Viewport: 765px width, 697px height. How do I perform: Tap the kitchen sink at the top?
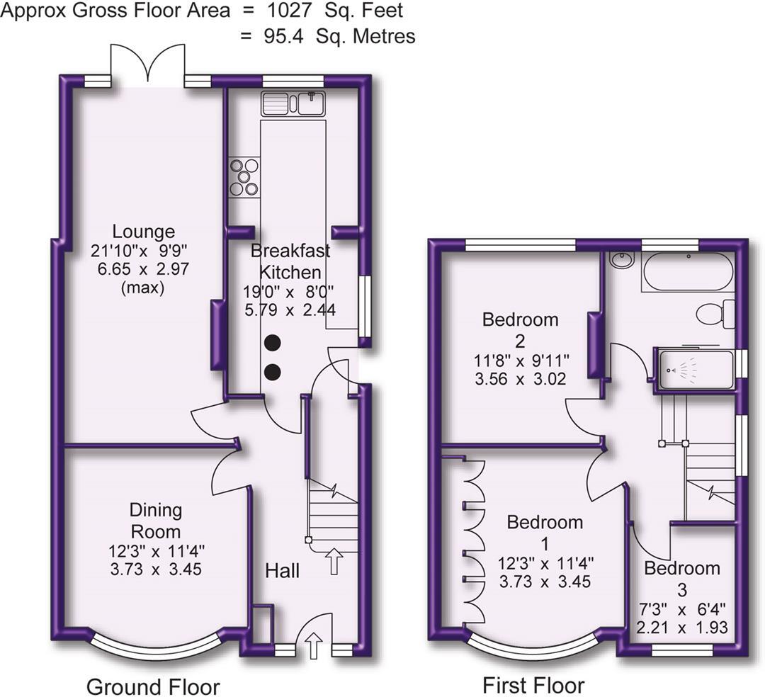(x=293, y=103)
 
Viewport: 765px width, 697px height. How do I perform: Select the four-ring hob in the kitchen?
(x=244, y=177)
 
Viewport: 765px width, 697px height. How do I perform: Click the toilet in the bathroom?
(x=714, y=313)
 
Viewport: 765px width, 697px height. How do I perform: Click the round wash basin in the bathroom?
(x=622, y=261)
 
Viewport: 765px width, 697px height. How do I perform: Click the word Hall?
(x=283, y=570)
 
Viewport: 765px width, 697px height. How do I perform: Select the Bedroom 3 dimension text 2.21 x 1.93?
(x=682, y=628)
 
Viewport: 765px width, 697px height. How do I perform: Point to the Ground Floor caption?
(x=153, y=686)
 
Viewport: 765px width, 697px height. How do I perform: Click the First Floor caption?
(x=533, y=685)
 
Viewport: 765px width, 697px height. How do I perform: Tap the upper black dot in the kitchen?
(x=273, y=344)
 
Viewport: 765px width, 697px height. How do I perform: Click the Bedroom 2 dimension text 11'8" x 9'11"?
(x=520, y=361)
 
